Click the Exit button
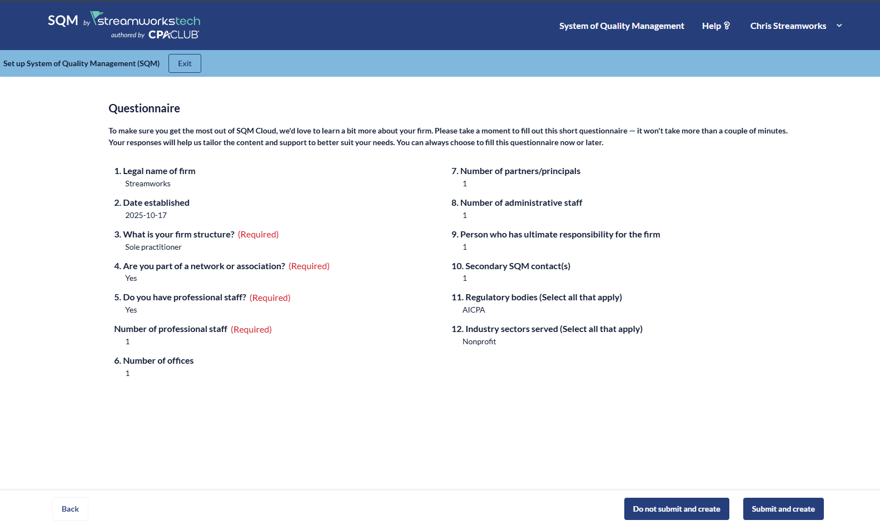(x=185, y=63)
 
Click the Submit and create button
(x=783, y=509)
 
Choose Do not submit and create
(x=676, y=509)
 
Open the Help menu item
(x=715, y=26)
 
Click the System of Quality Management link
(x=622, y=26)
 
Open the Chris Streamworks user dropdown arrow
(x=839, y=26)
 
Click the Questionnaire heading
(x=144, y=108)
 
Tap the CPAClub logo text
(x=173, y=34)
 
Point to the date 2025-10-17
(x=146, y=215)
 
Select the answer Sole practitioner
(x=153, y=247)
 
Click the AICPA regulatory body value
(x=474, y=310)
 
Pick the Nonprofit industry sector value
(x=479, y=341)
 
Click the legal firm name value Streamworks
(x=147, y=184)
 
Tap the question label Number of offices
(x=158, y=360)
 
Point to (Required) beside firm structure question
(x=258, y=234)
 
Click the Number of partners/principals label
(x=520, y=171)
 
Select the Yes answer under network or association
(x=131, y=278)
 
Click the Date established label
(x=156, y=202)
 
